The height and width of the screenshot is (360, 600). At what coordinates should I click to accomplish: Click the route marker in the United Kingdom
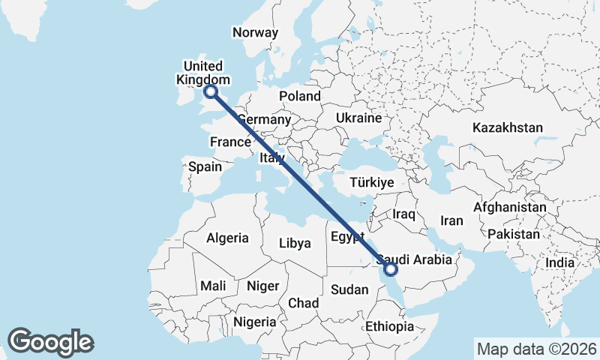(211, 91)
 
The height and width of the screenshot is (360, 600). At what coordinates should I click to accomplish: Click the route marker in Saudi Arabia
(390, 268)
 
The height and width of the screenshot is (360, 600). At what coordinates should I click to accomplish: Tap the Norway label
(255, 33)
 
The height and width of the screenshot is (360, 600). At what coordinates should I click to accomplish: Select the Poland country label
(300, 96)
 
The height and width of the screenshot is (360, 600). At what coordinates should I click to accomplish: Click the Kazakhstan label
(507, 128)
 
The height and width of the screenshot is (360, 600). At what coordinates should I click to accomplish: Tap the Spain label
(205, 166)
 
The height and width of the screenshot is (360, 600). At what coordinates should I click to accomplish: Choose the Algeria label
(227, 238)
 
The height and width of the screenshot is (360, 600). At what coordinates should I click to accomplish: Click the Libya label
(295, 243)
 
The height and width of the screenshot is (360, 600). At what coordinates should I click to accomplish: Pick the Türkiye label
(373, 182)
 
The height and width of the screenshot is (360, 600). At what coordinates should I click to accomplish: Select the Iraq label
(403, 214)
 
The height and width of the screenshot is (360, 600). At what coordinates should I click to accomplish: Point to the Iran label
(451, 220)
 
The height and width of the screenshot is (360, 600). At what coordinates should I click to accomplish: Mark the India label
(559, 263)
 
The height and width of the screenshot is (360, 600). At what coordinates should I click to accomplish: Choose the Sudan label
(349, 289)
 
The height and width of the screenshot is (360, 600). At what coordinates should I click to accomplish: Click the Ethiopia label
(389, 327)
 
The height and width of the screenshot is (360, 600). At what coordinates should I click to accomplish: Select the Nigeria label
(254, 321)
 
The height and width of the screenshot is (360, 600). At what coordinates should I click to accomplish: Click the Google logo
(50, 342)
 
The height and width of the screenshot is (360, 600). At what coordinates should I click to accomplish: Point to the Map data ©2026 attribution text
(537, 349)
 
